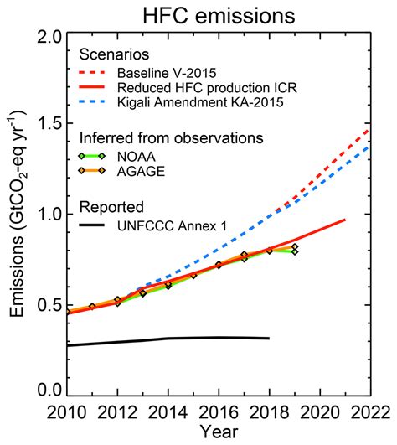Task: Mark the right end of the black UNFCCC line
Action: [269, 339]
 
